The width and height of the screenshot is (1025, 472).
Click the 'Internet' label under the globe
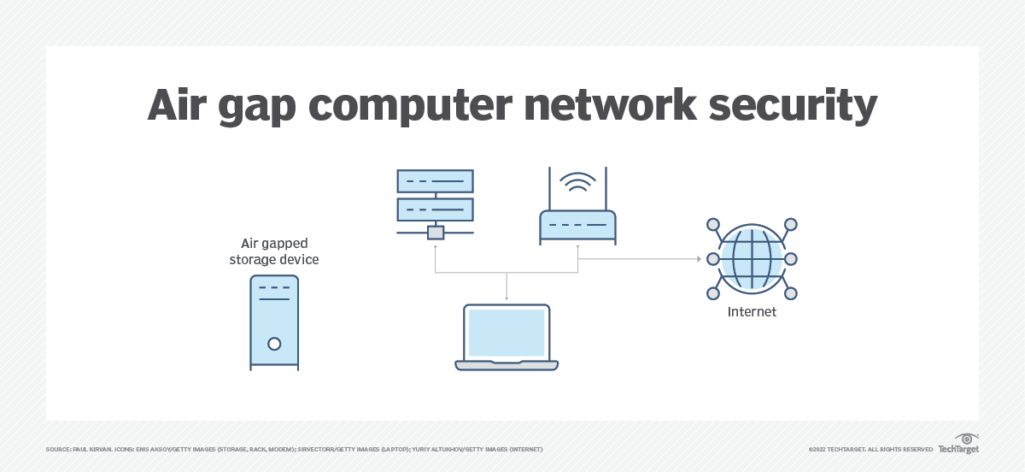pyautogui.click(x=752, y=312)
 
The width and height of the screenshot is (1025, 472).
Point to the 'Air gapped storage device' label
pyautogui.click(x=274, y=251)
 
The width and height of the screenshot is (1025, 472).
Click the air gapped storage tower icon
pyautogui.click(x=274, y=322)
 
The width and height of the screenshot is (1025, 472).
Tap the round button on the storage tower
pyautogui.click(x=274, y=344)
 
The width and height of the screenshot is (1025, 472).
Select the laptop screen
pyautogui.click(x=507, y=332)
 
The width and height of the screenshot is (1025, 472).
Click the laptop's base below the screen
pyautogui.click(x=507, y=365)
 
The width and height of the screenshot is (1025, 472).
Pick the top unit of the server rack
pyautogui.click(x=435, y=181)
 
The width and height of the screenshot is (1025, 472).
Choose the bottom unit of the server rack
pyautogui.click(x=435, y=209)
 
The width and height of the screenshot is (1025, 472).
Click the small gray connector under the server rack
pyautogui.click(x=436, y=233)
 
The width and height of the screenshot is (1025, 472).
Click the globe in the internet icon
pyautogui.click(x=751, y=259)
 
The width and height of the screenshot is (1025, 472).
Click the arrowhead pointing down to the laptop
pyautogui.click(x=507, y=298)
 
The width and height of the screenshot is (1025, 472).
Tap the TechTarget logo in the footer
pyautogui.click(x=958, y=445)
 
